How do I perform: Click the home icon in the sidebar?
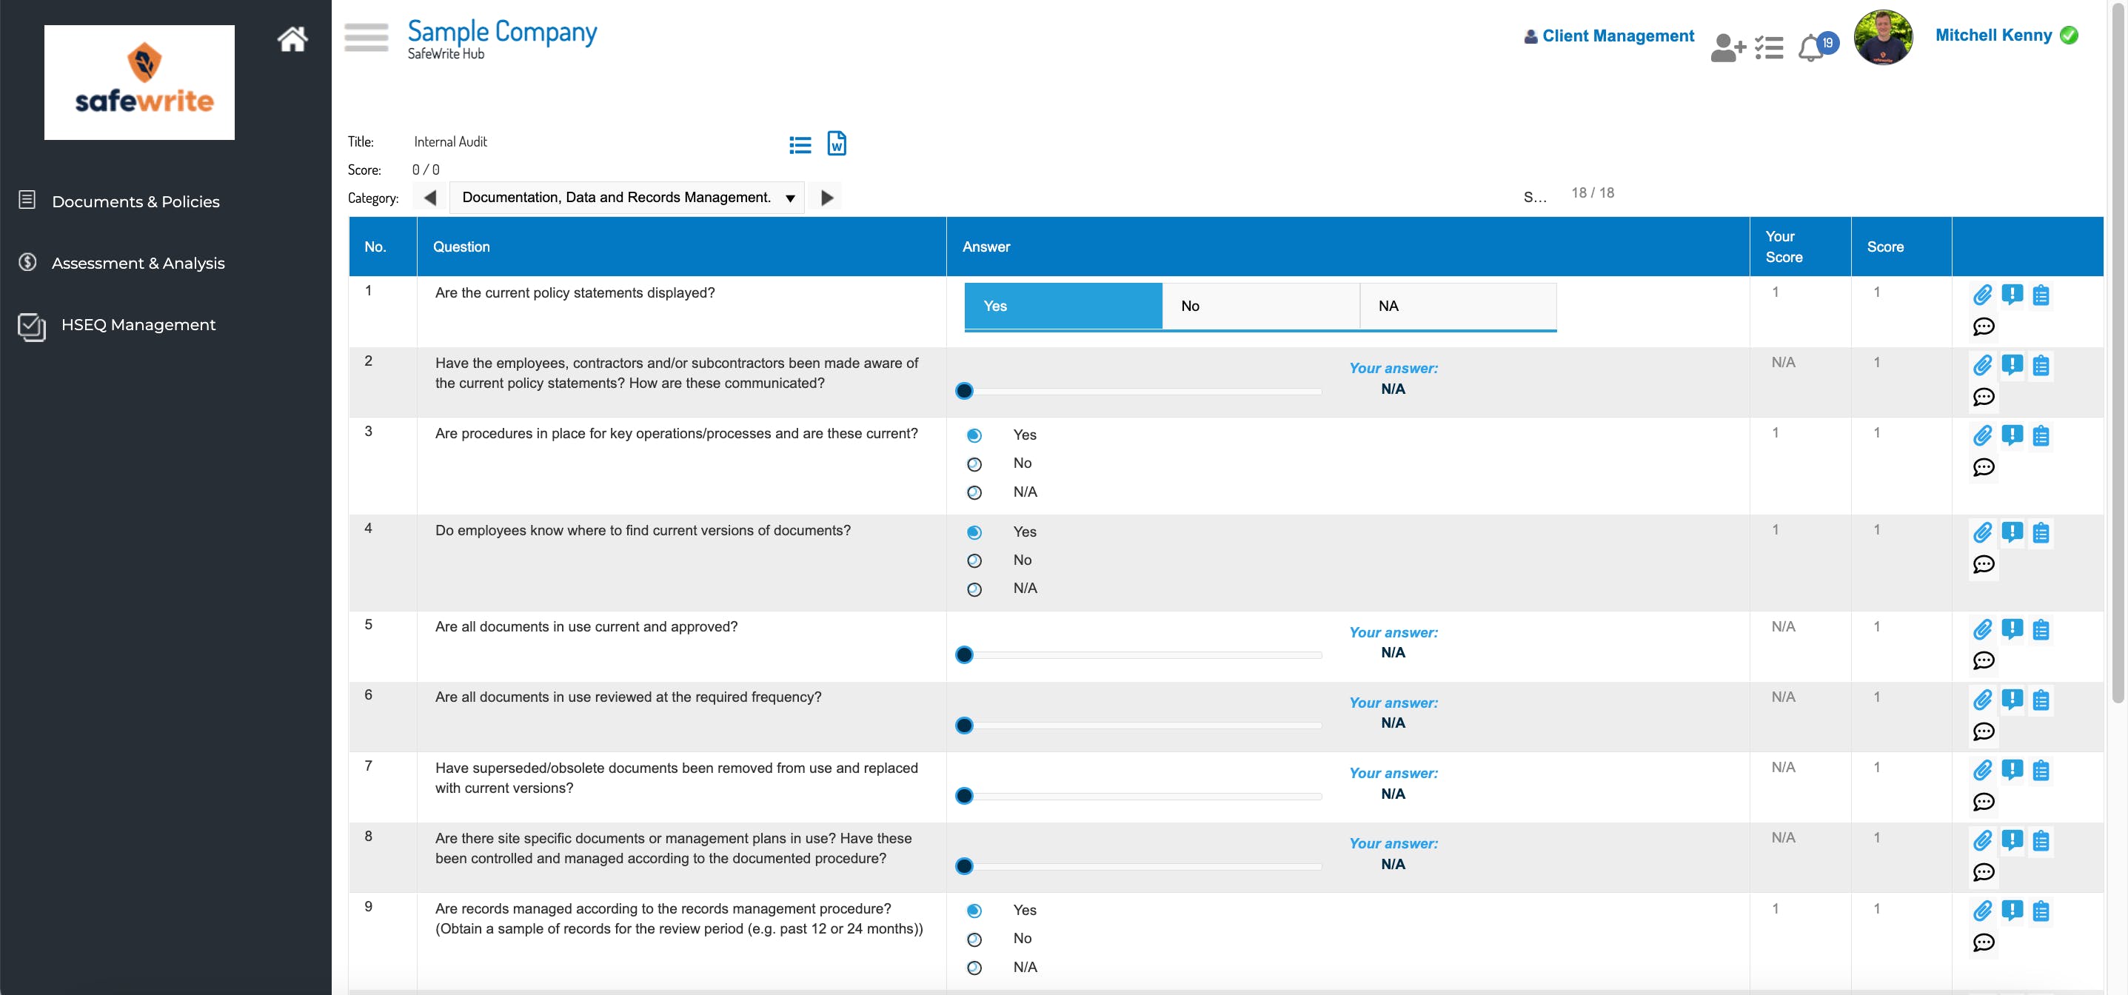292,38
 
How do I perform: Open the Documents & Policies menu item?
135,201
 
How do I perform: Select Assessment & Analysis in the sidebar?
137,264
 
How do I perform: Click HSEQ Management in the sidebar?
137,324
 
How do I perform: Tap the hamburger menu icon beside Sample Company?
366,37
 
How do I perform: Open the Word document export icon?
836,144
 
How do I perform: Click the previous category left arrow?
429,198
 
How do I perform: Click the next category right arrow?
826,198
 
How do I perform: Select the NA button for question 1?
1457,306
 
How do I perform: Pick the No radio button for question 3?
975,464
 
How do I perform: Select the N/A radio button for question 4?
975,589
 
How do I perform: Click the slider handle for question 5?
964,654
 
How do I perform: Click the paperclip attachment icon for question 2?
1982,365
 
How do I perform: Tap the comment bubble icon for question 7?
1983,802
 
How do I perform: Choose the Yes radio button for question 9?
975,911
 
